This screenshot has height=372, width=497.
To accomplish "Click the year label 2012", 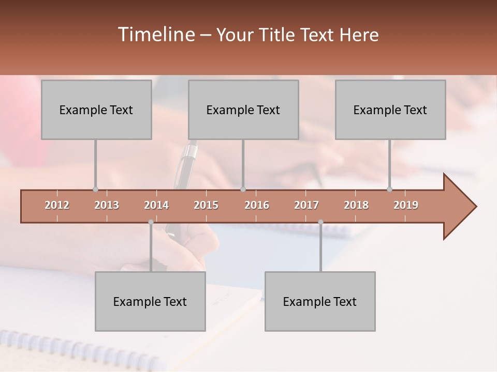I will coord(57,205).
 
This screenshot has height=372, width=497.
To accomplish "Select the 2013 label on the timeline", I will coord(107,205).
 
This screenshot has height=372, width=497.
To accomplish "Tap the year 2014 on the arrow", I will coord(156,205).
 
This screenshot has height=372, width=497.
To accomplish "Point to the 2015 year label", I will coord(206,205).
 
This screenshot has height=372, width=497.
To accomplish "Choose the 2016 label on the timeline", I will coord(257,205).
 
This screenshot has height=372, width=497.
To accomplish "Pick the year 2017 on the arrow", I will coord(306,205).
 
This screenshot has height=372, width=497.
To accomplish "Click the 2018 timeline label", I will coord(356,205).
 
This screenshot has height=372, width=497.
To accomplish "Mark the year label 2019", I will coord(406,205).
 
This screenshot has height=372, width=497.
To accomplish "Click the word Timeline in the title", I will coord(156,35).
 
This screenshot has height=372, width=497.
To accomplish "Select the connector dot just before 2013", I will coord(95,189).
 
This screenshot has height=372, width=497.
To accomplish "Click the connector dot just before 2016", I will coord(243,189).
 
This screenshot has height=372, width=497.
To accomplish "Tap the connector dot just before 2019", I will coord(389,189).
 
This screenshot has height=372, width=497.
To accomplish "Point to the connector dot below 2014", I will coord(151,222).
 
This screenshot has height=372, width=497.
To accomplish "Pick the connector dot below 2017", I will coord(320,222).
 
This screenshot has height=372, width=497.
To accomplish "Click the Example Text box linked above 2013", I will coord(96,110).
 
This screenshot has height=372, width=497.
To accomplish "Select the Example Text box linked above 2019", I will coord(390,110).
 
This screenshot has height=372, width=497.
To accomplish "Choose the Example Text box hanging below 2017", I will coord(320,301).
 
